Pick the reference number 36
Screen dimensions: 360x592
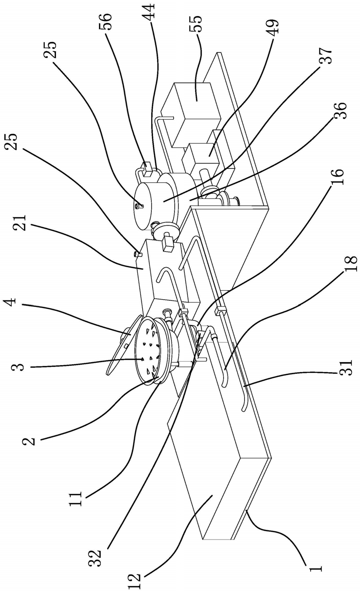pos(340,111)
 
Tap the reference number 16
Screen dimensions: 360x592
pos(338,177)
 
